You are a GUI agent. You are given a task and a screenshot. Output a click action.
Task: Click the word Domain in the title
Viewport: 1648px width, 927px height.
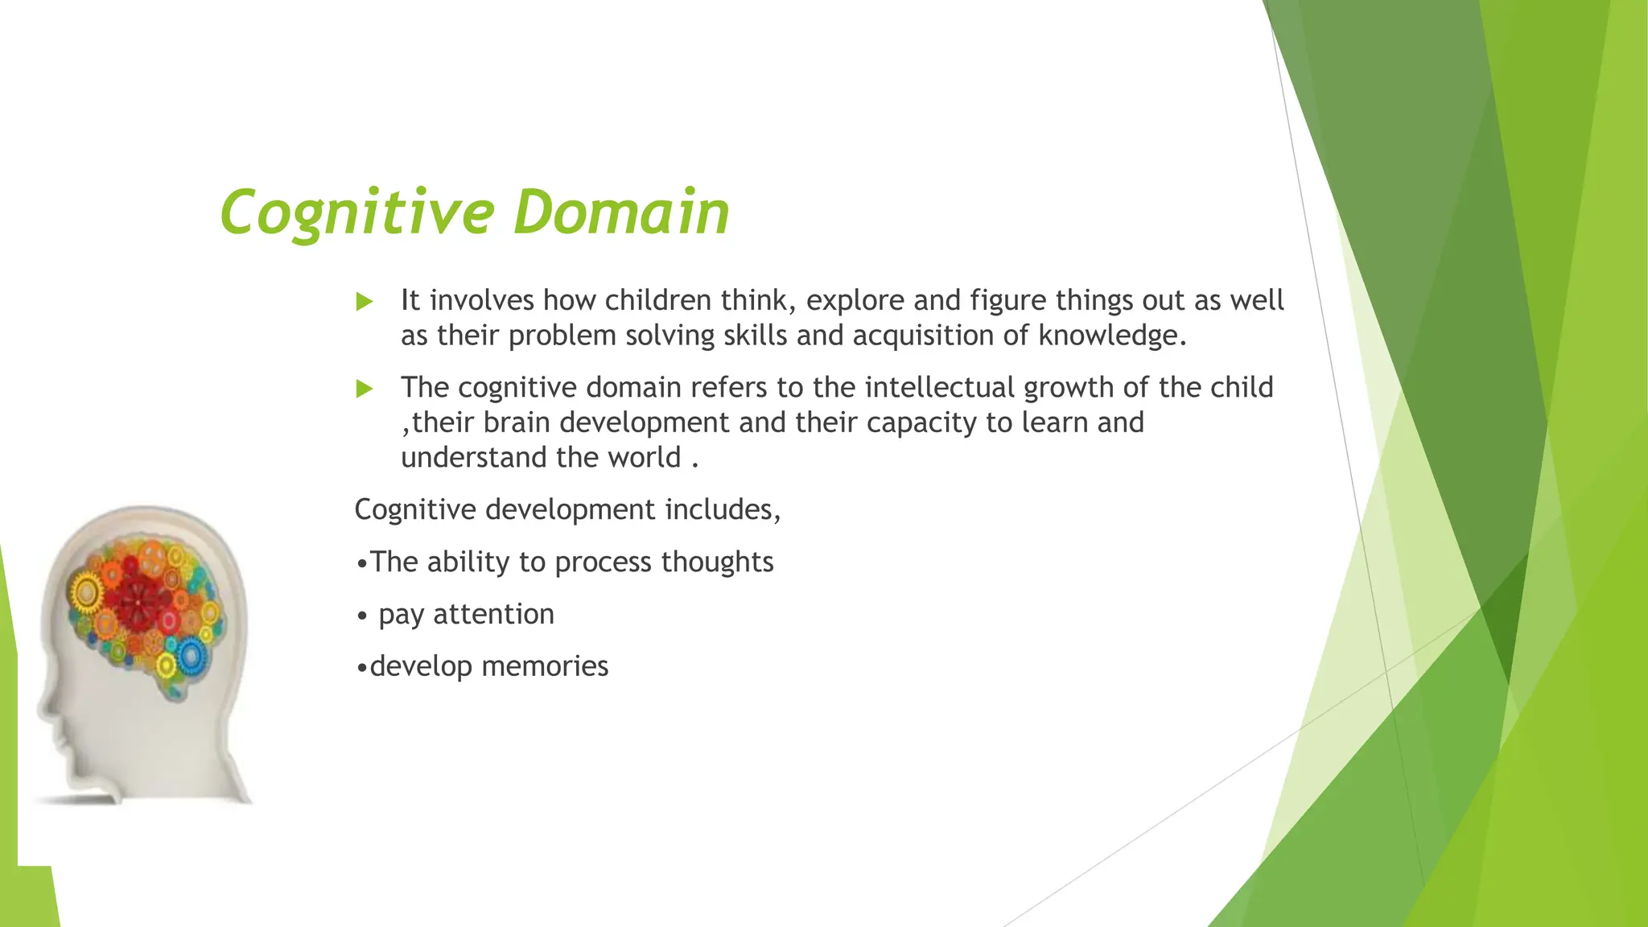click(x=620, y=212)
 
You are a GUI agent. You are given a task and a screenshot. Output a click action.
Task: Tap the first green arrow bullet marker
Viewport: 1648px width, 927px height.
click(x=365, y=303)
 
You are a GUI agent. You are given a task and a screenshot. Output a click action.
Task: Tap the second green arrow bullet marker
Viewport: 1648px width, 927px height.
click(x=365, y=389)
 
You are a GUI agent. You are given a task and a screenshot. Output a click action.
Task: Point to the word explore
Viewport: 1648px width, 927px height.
click(x=855, y=301)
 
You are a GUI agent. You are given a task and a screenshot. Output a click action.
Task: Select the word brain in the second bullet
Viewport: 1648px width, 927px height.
click(x=516, y=422)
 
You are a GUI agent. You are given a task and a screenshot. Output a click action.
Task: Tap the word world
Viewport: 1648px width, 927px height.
click(x=644, y=457)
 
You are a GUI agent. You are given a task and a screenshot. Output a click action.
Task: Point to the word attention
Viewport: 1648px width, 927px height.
click(x=493, y=614)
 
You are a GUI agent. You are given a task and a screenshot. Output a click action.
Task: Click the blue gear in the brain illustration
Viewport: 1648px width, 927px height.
click(x=191, y=656)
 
